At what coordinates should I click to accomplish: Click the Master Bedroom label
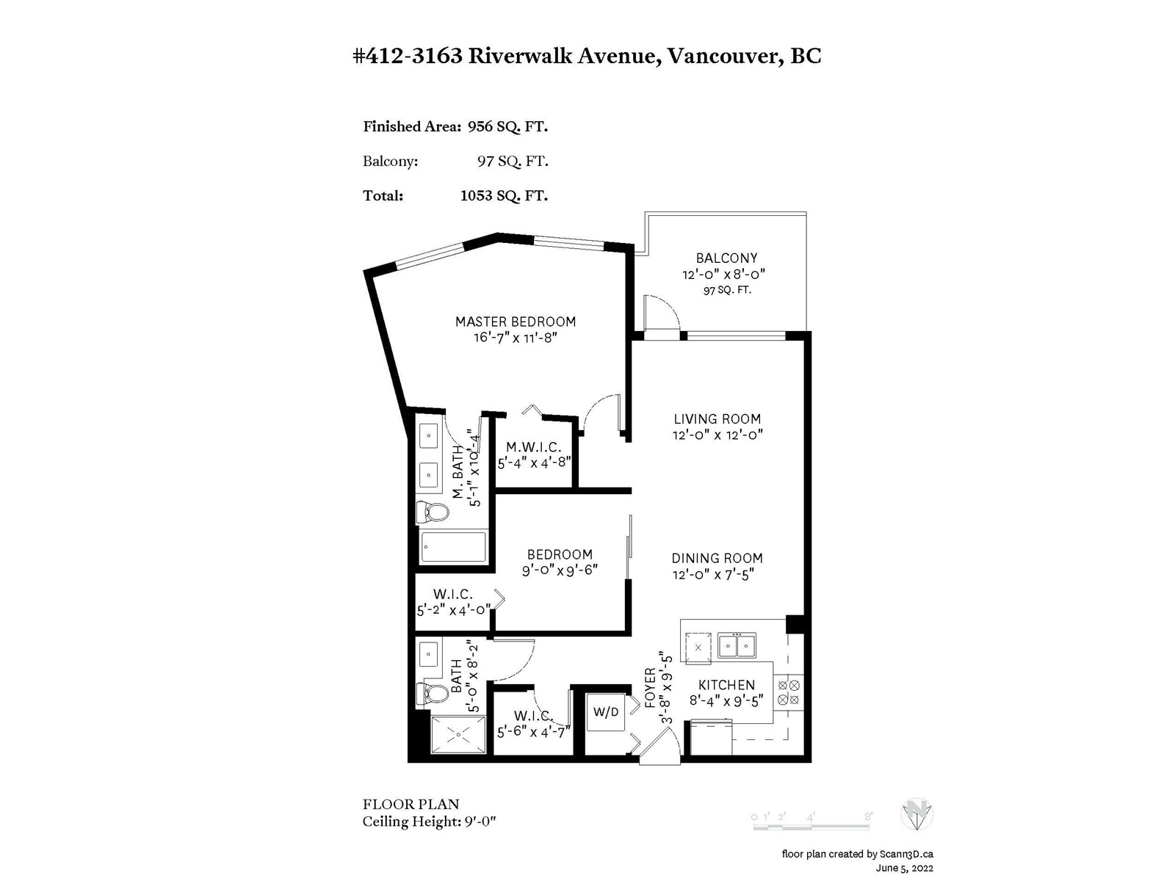point(516,322)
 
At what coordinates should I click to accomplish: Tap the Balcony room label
point(726,258)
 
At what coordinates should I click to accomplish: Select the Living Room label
point(717,418)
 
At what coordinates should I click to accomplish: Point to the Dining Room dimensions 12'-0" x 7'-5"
point(714,575)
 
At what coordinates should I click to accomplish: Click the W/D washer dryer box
point(605,712)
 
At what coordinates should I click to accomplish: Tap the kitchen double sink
point(737,645)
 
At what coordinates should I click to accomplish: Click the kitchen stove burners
point(789,692)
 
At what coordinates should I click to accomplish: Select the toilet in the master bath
point(433,512)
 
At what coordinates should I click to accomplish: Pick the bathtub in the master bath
point(453,547)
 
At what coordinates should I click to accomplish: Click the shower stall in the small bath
point(459,736)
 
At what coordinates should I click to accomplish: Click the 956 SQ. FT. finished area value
point(507,127)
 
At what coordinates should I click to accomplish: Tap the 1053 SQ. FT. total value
point(504,196)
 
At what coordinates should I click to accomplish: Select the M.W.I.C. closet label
point(534,447)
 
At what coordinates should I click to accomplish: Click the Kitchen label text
point(726,685)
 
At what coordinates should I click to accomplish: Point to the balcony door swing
point(662,313)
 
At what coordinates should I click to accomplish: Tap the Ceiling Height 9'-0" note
point(430,822)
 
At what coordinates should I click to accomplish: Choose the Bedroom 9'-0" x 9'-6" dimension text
point(560,570)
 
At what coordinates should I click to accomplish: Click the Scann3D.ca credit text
point(906,855)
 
